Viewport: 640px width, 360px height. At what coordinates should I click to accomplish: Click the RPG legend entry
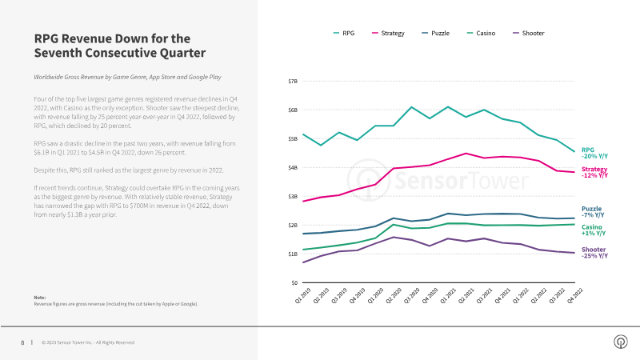click(x=344, y=34)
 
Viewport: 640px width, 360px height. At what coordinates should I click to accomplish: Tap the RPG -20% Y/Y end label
click(x=594, y=152)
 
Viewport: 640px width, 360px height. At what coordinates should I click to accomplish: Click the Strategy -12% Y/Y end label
click(x=594, y=173)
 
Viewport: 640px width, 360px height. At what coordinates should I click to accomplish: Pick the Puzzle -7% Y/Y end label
click(x=593, y=212)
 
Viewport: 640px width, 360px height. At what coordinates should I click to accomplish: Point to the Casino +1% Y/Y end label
click(x=593, y=230)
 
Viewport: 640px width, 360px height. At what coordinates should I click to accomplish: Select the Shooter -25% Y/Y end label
click(x=594, y=253)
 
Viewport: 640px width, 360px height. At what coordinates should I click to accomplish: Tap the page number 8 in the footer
click(x=22, y=342)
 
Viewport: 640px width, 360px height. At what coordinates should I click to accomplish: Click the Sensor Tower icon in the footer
click(x=619, y=342)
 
